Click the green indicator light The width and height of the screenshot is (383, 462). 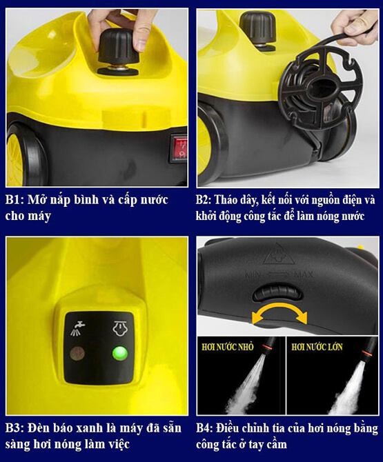pos(120,353)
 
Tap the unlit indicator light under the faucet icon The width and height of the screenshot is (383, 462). pos(77,353)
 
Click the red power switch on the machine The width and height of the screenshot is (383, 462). pos(179,148)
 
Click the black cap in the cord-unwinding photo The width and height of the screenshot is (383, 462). pos(257,27)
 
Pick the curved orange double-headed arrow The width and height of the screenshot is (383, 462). pos(279,313)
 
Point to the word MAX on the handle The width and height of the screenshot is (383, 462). pos(304,275)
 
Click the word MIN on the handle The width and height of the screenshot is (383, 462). pos(253,275)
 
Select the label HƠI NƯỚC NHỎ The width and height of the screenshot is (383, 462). pos(228,347)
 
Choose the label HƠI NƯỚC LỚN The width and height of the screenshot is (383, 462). pos(317,347)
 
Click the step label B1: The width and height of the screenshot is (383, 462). pos(14,200)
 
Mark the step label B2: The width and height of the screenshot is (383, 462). pos(204,200)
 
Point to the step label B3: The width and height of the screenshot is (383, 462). pos(14,428)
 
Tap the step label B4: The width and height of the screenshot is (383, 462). pos(205,428)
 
